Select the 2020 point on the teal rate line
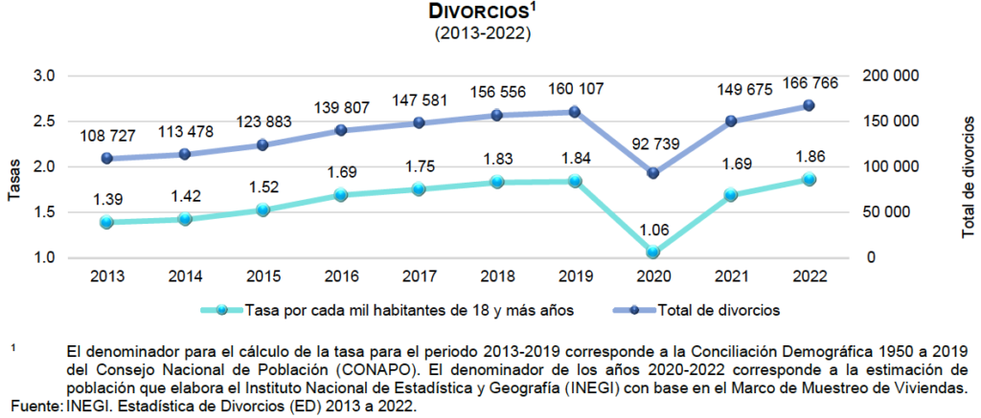(x=652, y=253)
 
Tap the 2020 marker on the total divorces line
(x=652, y=173)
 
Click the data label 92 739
(x=652, y=145)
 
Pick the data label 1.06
(x=652, y=226)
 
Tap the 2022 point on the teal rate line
(x=809, y=179)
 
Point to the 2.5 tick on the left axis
(x=44, y=121)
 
